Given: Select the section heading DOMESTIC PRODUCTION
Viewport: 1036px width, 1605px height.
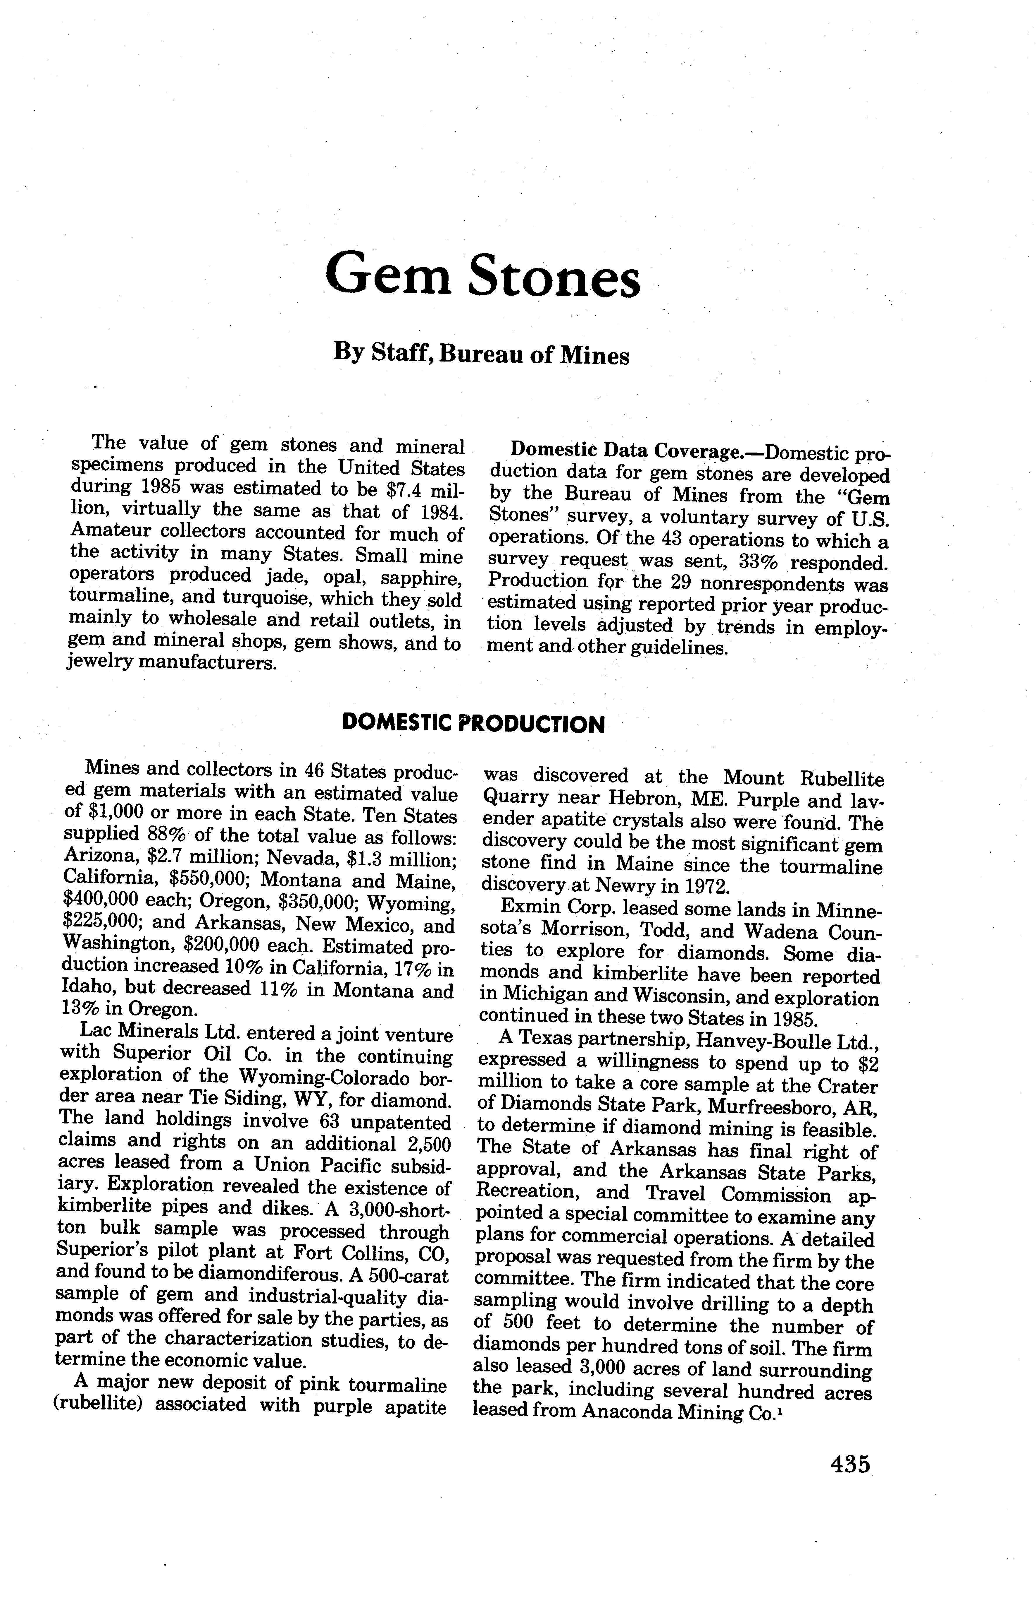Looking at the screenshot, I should [x=474, y=724].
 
